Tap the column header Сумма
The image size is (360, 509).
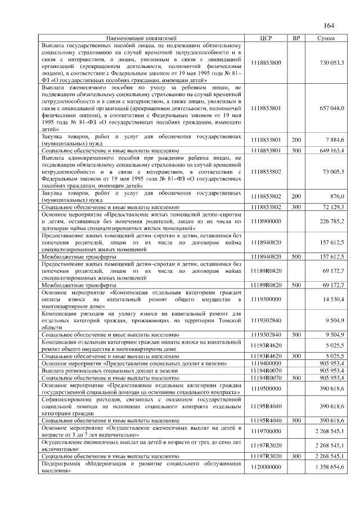click(326, 38)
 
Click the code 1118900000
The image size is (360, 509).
click(267, 221)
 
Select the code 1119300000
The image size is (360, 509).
click(267, 300)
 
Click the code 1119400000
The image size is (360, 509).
click(267, 364)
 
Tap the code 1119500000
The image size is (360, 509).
click(267, 389)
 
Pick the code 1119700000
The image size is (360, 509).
click(267, 431)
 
